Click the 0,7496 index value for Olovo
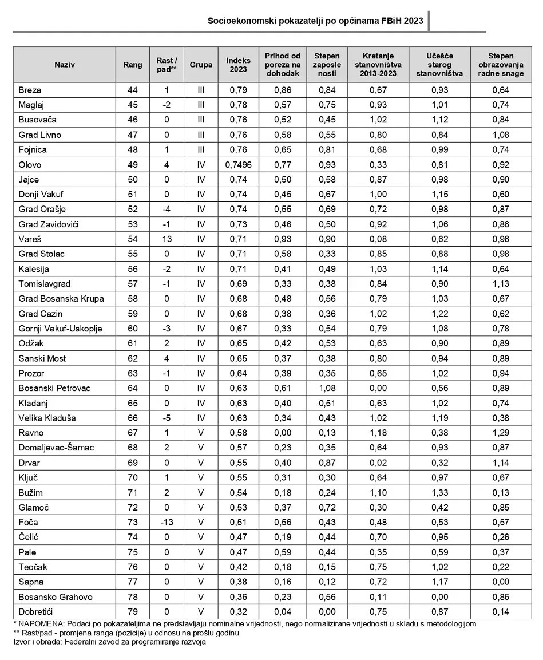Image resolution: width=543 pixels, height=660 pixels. pos(238,165)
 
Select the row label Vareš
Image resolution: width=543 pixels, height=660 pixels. pos(30,239)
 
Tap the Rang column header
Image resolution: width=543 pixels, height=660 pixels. pos(133,65)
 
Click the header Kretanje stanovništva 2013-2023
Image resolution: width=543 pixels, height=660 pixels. pos(379,65)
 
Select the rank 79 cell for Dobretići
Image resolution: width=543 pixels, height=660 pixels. pos(133,611)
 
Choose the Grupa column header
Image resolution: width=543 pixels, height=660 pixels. pos(201,65)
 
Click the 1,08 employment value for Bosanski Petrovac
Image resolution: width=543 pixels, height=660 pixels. pos(327,388)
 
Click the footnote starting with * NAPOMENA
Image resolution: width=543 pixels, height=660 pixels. pos(243,623)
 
